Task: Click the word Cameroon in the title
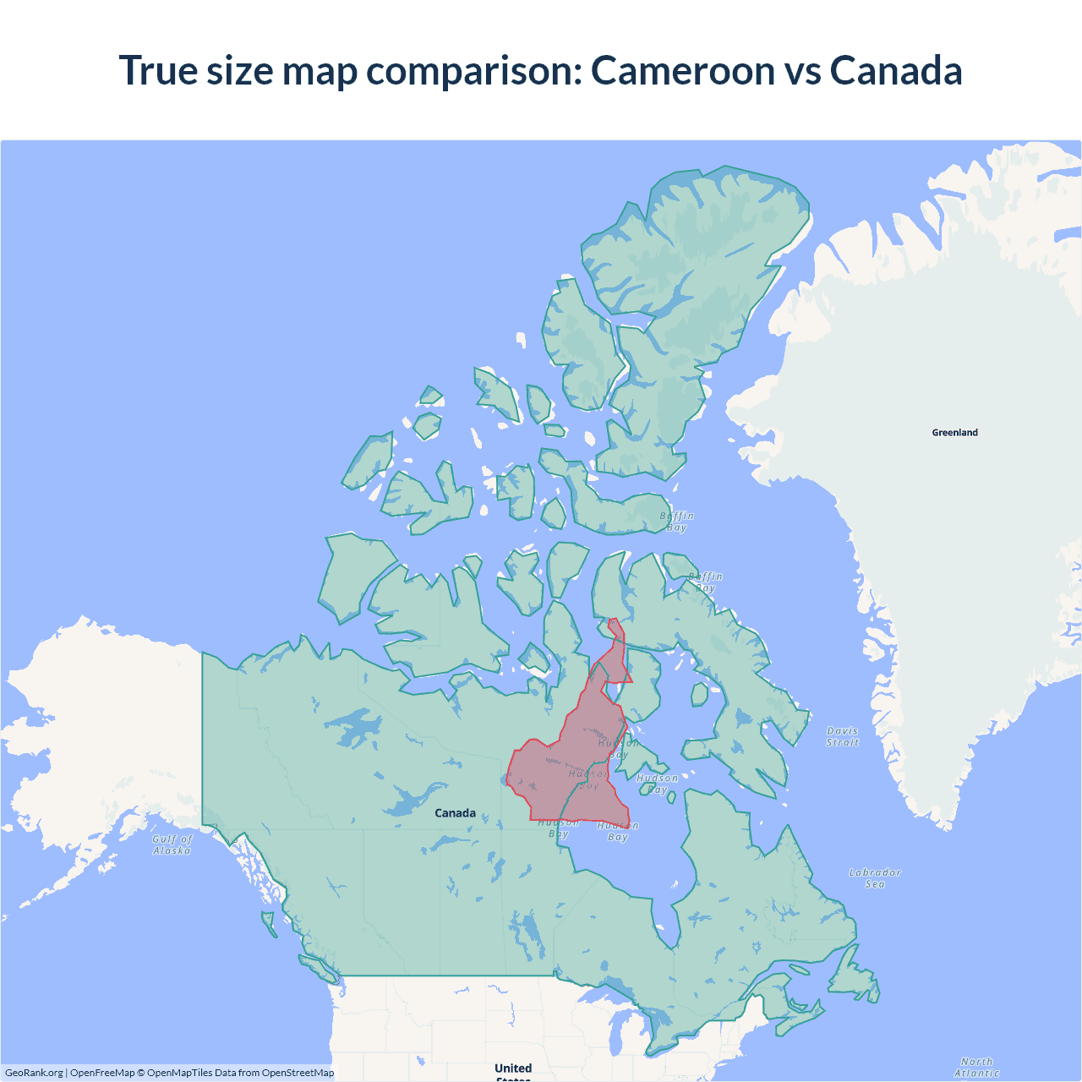point(682,70)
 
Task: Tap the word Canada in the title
point(896,70)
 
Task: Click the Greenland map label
point(954,433)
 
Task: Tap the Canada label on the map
point(455,813)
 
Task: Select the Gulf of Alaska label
point(172,844)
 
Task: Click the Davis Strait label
point(842,736)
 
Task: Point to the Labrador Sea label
point(875,877)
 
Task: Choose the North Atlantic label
point(977,1067)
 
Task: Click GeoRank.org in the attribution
point(34,1073)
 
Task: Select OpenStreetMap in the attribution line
point(298,1073)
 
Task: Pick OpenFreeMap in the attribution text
point(102,1073)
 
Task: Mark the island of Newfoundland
point(854,981)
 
